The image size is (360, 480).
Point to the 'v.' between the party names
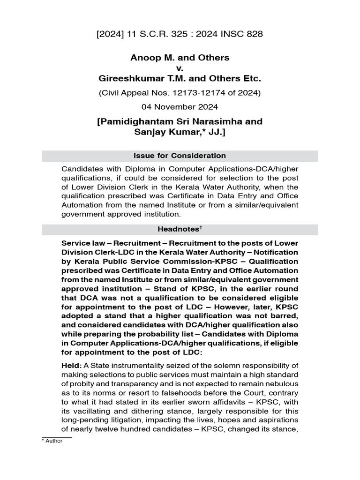pyautogui.click(x=180, y=68)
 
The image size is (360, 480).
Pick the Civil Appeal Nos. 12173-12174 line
pyautogui.click(x=180, y=92)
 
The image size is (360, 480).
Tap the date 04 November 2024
pyautogui.click(x=180, y=107)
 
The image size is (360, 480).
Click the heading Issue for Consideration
pyautogui.click(x=180, y=156)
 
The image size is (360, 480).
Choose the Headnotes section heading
pyautogui.click(x=178, y=230)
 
